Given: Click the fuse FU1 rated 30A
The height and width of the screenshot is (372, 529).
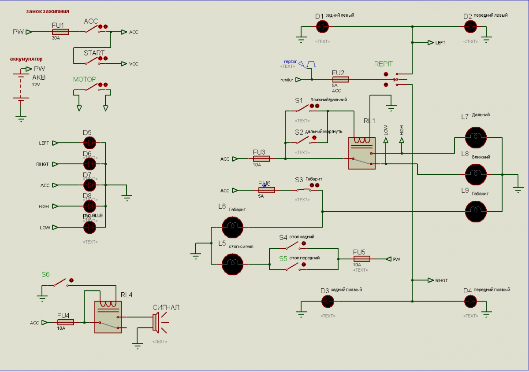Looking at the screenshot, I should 60,32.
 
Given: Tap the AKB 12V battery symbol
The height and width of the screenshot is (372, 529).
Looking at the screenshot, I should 20,90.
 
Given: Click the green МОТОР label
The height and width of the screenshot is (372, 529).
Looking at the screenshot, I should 85,80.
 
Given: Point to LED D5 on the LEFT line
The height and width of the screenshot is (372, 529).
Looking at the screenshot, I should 89,143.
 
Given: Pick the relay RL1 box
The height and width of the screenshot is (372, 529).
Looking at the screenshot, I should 361,153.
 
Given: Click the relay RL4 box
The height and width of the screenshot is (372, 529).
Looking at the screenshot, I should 108,317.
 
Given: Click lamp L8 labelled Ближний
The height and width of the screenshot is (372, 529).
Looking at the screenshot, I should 476,175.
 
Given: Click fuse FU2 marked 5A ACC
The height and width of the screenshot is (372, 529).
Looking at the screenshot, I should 340,80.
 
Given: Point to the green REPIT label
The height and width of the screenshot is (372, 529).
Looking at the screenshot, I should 383,64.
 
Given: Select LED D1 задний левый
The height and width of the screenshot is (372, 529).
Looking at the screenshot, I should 322,27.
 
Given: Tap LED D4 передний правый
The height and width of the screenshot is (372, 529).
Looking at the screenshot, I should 471,302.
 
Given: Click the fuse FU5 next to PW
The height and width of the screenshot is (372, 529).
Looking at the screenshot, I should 361,259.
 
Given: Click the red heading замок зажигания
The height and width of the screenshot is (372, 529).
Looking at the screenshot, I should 47,11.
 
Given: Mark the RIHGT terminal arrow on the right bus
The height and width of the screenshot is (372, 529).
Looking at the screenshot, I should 430,280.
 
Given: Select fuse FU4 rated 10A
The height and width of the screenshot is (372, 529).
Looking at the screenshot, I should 65,322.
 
